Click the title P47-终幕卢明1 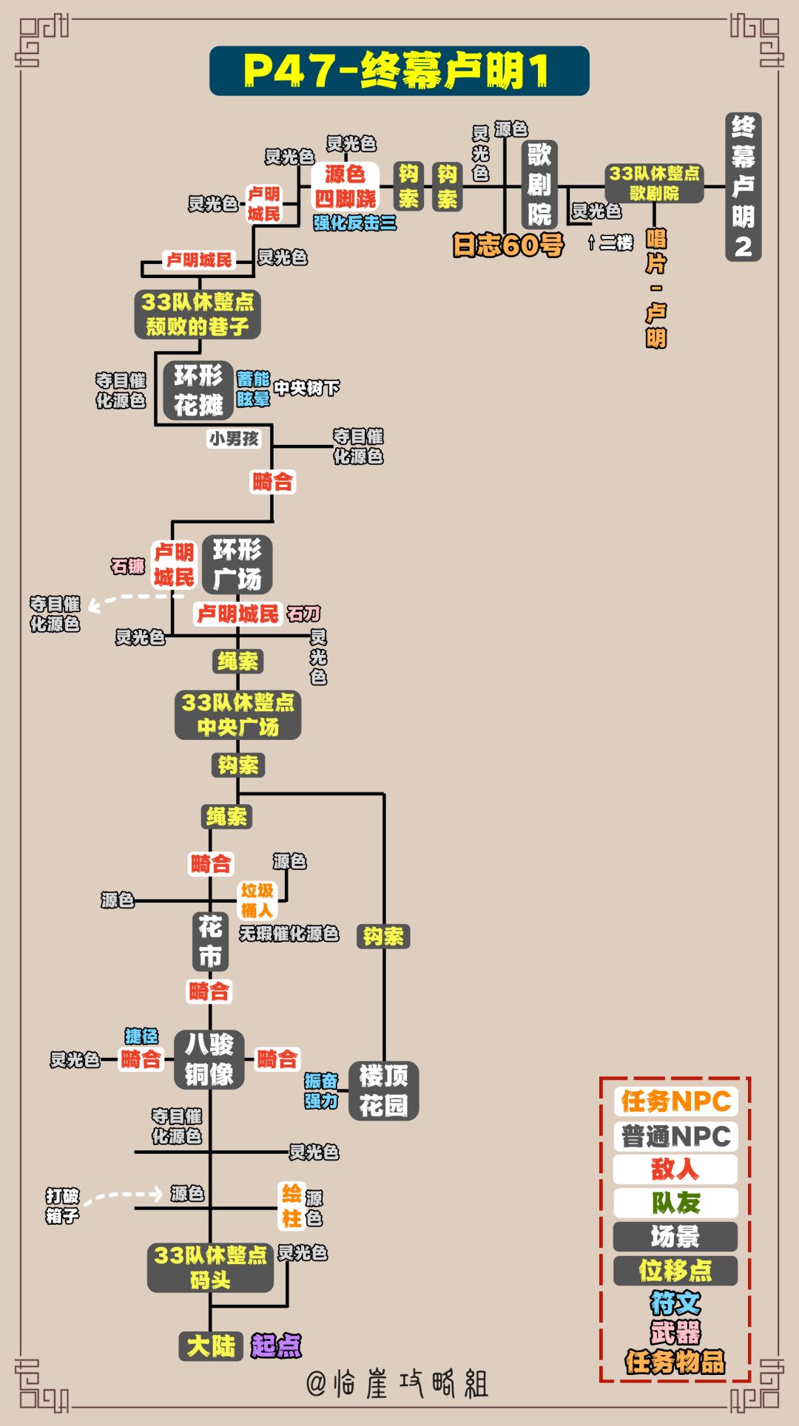[x=399, y=71]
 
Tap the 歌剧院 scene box [x=539, y=185]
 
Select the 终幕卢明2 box [x=743, y=187]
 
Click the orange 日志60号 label [x=508, y=245]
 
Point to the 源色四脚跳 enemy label [x=345, y=186]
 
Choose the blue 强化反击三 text [x=354, y=223]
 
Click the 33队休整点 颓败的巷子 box [x=198, y=314]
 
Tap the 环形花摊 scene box [x=198, y=390]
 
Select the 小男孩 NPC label [x=234, y=438]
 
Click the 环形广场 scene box [x=237, y=564]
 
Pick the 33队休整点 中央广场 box [x=237, y=715]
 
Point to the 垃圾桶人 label [x=257, y=900]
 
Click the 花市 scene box [x=210, y=940]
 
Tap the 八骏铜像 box [x=209, y=1059]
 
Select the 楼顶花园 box [x=383, y=1090]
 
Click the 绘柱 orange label [x=291, y=1206]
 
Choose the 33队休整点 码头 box [x=210, y=1267]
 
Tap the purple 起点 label [x=276, y=1345]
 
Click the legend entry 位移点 [x=675, y=1270]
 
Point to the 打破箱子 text [x=62, y=1206]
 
